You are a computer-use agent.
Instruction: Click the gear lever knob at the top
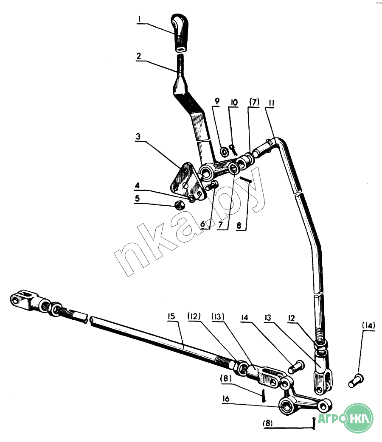180,33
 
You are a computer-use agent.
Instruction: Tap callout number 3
138,137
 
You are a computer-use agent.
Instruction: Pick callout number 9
217,102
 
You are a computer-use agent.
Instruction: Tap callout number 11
272,102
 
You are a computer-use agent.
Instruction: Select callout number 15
171,316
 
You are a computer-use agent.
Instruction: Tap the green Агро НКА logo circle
359,417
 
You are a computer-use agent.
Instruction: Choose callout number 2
138,56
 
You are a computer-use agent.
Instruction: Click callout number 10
235,102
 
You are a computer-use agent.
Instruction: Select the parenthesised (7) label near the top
253,102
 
